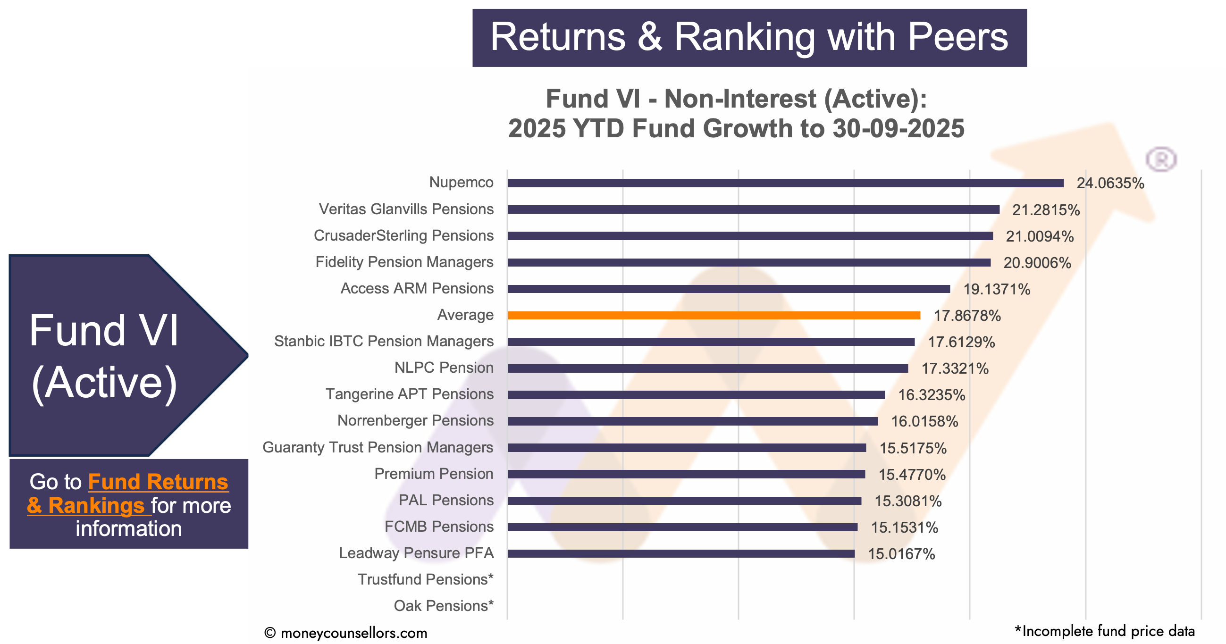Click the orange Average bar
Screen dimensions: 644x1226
tap(714, 315)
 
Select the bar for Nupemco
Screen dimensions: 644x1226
tap(785, 183)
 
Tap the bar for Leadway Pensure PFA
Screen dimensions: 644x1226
tap(680, 553)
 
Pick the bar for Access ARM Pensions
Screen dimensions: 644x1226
tap(728, 289)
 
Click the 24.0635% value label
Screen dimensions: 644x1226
tap(1110, 183)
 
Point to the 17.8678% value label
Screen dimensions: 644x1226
tap(966, 316)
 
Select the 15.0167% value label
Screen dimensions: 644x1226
tap(901, 554)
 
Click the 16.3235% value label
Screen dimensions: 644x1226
tap(931, 395)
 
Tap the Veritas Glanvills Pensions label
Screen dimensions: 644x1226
tap(406, 209)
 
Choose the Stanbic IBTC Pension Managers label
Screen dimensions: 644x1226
tap(384, 341)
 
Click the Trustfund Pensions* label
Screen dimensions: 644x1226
tap(425, 579)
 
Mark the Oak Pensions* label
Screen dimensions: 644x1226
tap(443, 606)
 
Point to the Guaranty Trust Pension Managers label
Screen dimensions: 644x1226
tap(378, 447)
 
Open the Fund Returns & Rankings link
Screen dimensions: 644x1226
tap(128, 493)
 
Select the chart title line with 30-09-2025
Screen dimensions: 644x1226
tap(736, 128)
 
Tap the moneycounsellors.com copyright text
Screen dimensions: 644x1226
tap(346, 633)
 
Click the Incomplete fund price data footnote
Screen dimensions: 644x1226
tap(1104, 631)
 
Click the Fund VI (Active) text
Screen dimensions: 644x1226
tap(104, 356)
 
